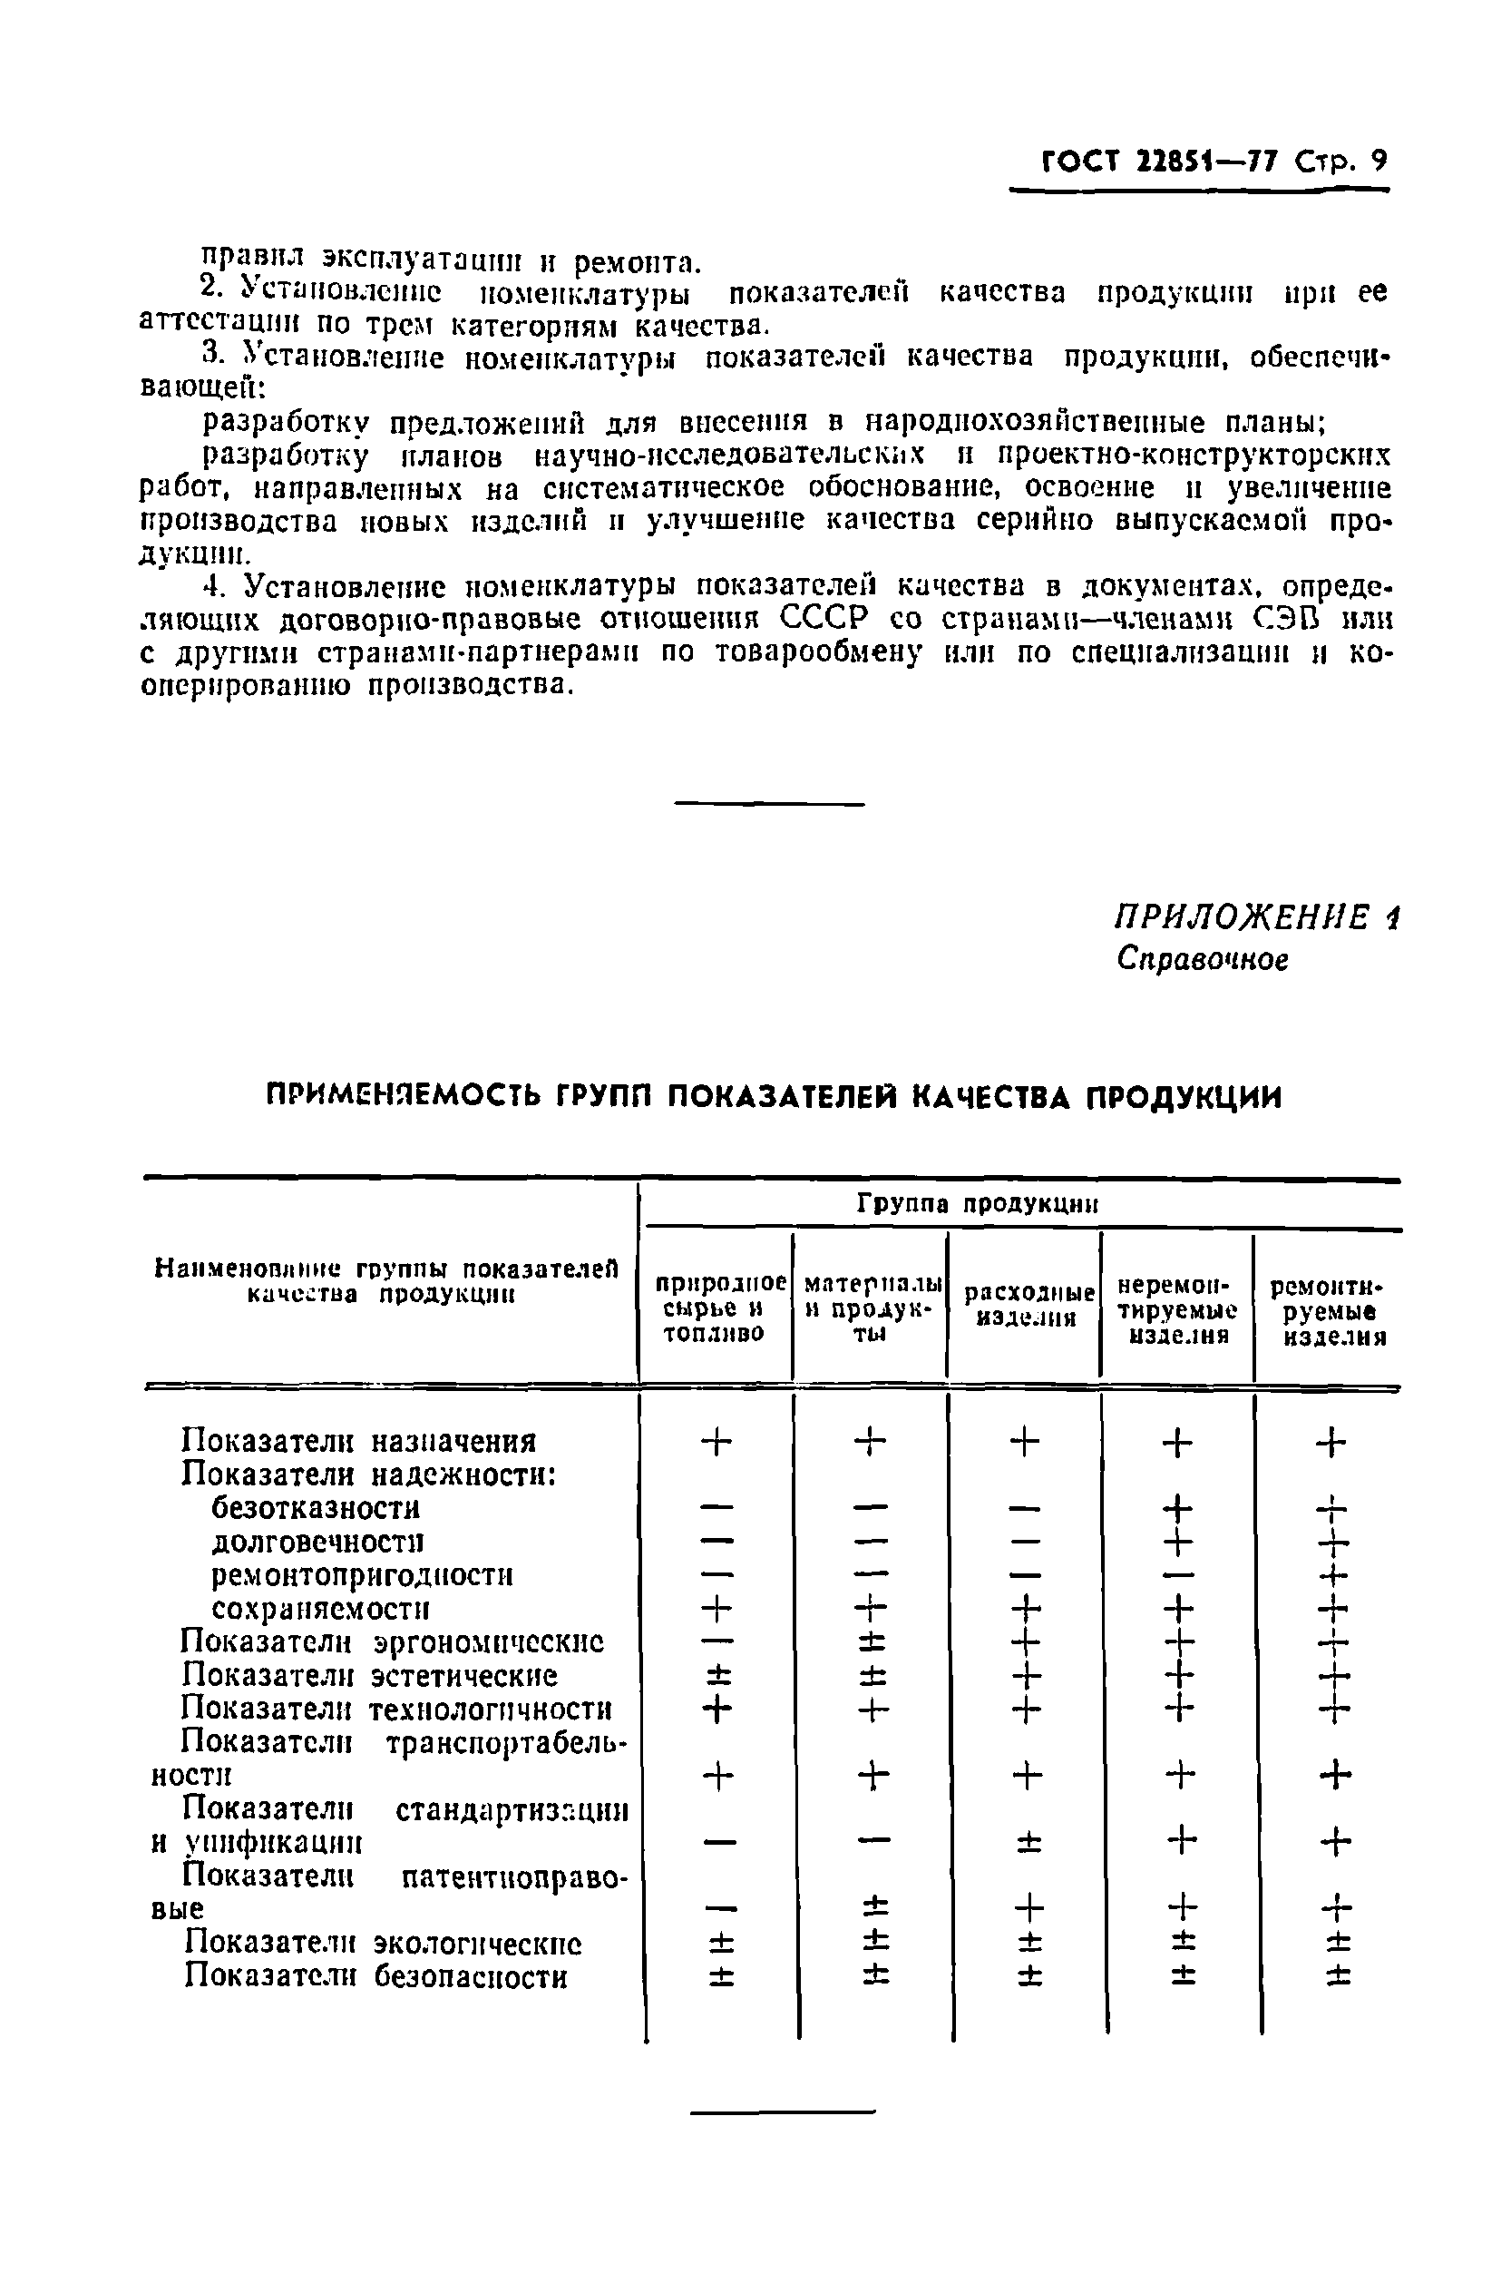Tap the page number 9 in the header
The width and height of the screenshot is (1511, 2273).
[1379, 160]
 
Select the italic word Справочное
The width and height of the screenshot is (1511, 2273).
[1203, 959]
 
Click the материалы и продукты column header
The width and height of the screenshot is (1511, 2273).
[871, 1308]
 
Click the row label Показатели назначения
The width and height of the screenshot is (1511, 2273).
[358, 1441]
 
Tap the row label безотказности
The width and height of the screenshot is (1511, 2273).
[316, 1508]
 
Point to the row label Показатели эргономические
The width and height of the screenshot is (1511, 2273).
[392, 1641]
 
